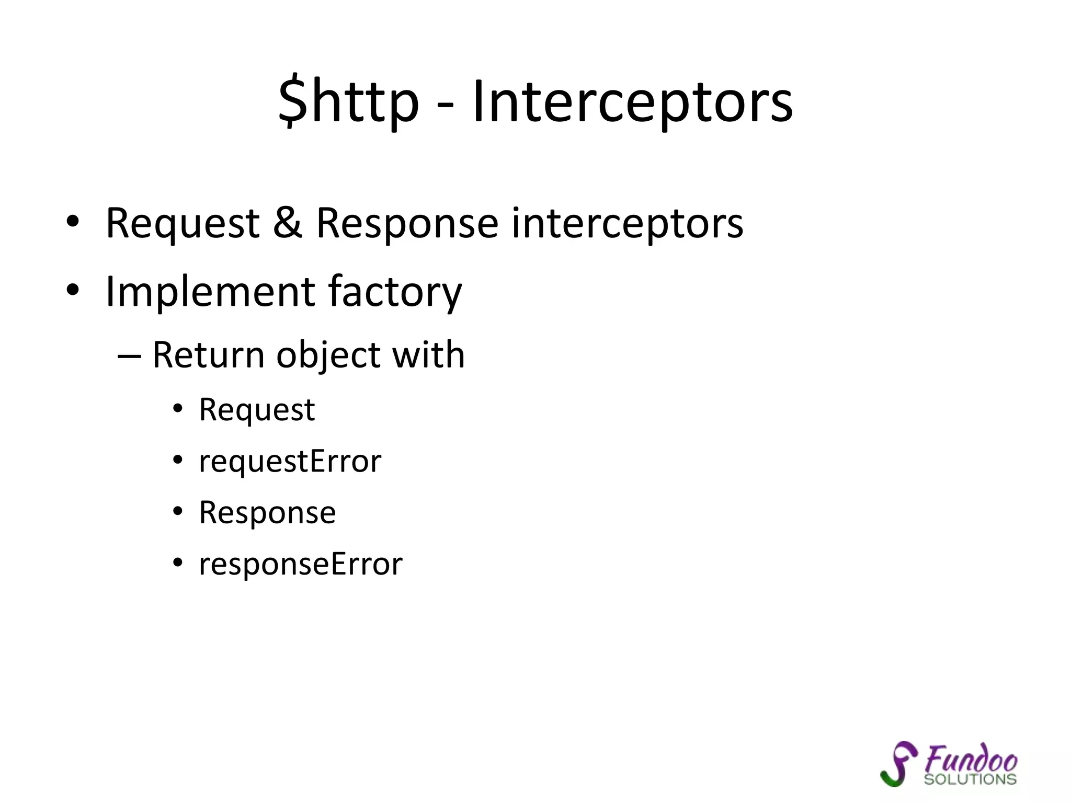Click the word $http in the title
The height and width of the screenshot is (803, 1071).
pyautogui.click(x=348, y=102)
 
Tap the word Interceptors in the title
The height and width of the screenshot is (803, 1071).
pyautogui.click(x=632, y=102)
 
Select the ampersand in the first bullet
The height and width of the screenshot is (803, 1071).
pyautogui.click(x=288, y=223)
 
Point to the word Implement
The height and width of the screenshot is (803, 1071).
pyautogui.click(x=210, y=292)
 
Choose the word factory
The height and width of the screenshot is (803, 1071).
pyautogui.click(x=395, y=293)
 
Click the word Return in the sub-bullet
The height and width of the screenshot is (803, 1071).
pyautogui.click(x=208, y=355)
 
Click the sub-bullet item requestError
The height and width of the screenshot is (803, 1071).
pyautogui.click(x=290, y=462)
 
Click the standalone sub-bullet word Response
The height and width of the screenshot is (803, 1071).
pyautogui.click(x=267, y=513)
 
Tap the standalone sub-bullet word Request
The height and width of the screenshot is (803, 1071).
pyautogui.click(x=257, y=410)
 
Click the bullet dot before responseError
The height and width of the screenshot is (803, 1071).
pyautogui.click(x=178, y=563)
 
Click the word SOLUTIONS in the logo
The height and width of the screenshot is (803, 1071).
pyautogui.click(x=970, y=779)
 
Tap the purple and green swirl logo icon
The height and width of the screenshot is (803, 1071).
pyautogui.click(x=899, y=763)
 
